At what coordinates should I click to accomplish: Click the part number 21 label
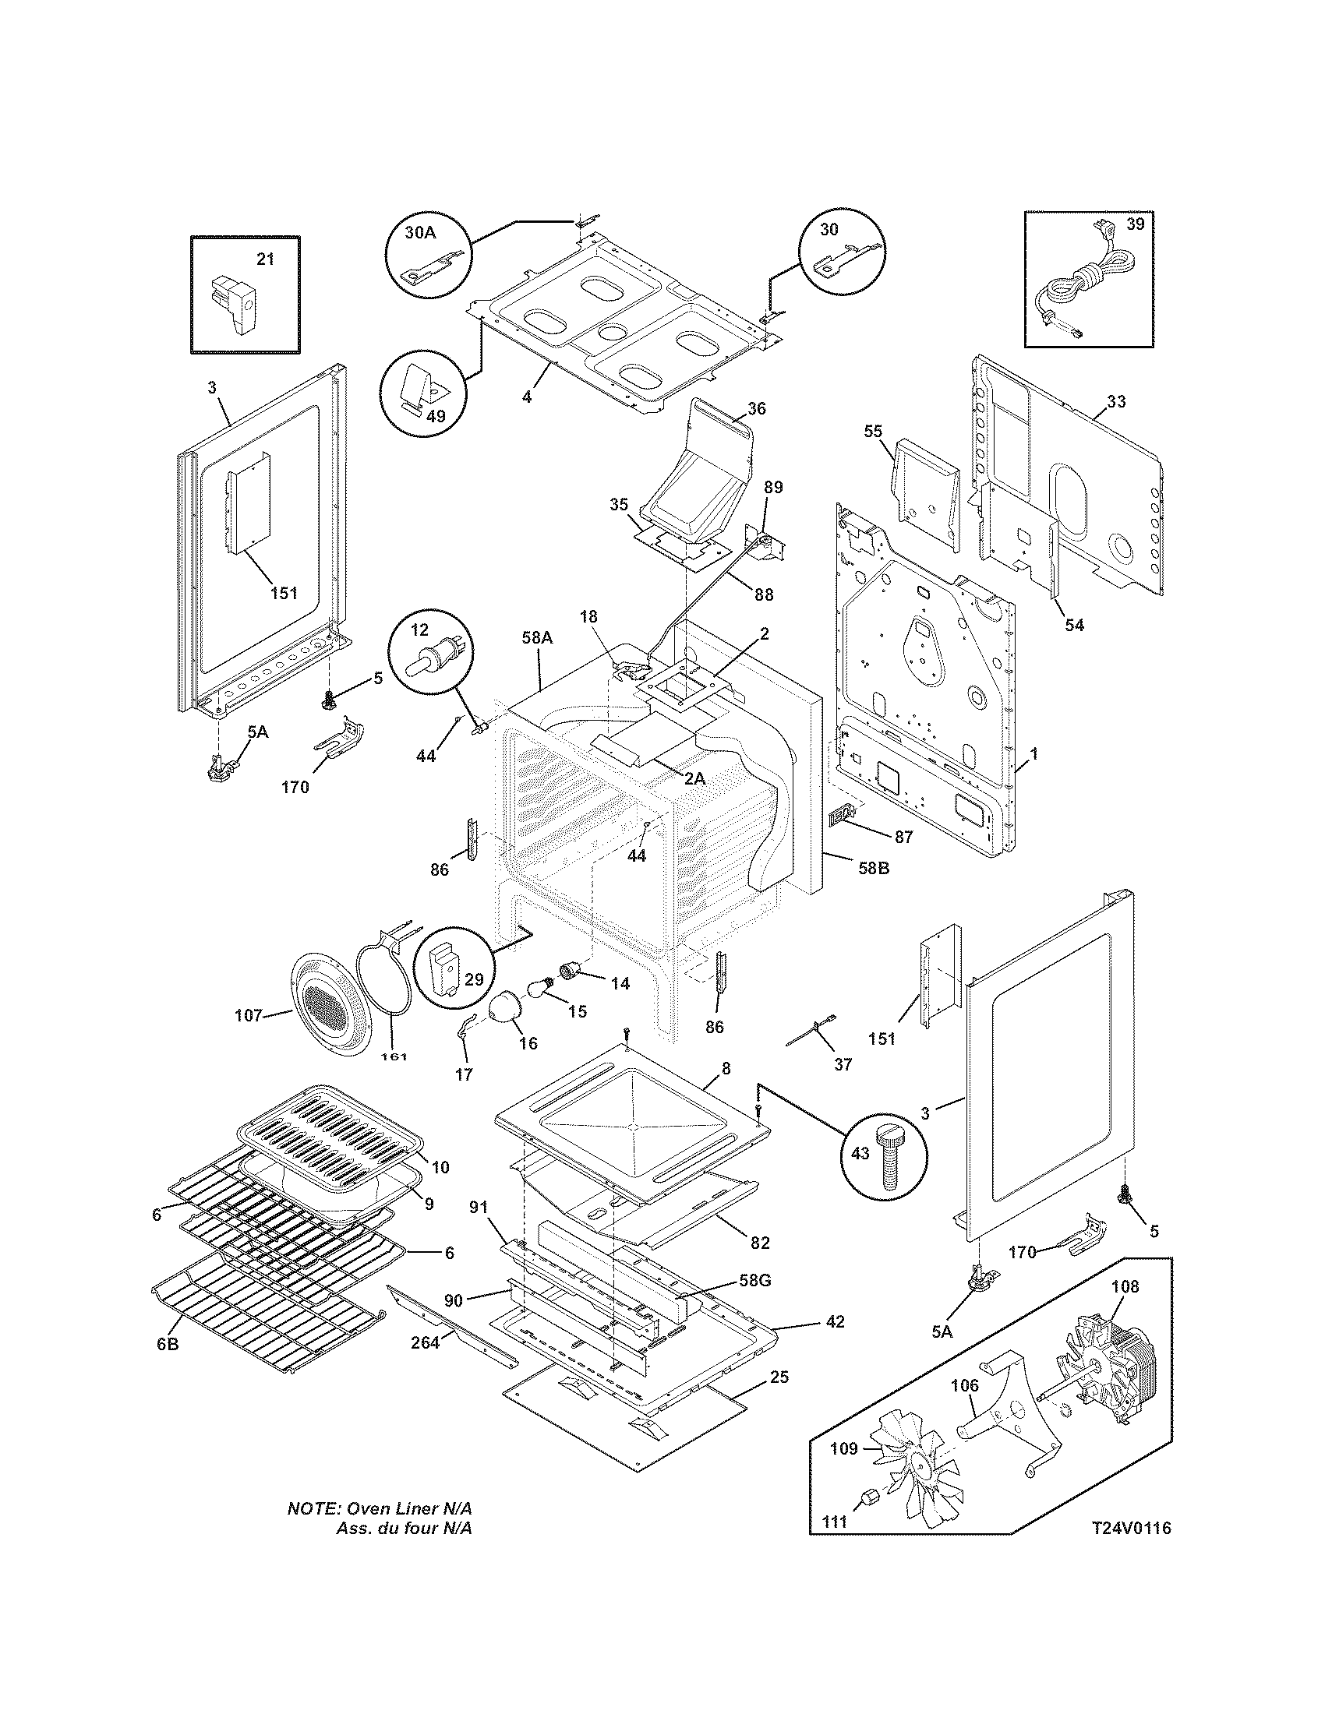266,258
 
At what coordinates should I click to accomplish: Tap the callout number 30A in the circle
420,232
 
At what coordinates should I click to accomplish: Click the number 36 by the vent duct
757,408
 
